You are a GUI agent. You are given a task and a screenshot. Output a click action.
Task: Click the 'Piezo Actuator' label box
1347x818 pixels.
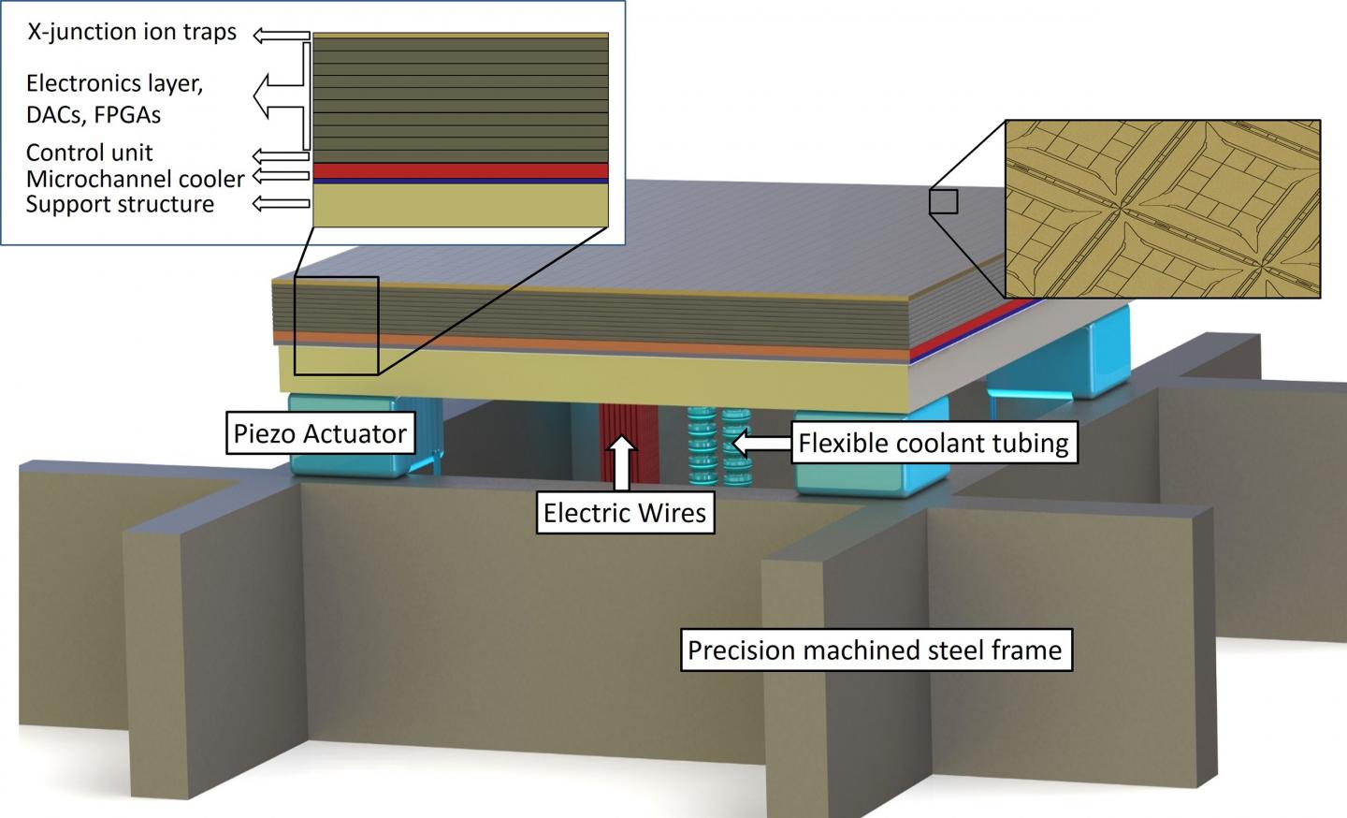[x=319, y=433]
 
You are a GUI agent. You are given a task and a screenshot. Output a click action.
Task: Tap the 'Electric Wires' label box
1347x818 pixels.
[x=624, y=512]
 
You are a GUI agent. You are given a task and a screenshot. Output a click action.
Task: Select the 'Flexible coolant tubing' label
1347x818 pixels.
[x=933, y=442]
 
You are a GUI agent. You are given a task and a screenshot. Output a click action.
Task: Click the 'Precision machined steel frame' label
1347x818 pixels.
[x=875, y=650]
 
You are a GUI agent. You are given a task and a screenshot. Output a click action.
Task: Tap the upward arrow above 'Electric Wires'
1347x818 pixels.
[x=624, y=464]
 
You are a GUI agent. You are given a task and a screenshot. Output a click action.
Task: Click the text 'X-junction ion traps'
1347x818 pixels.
[x=131, y=33]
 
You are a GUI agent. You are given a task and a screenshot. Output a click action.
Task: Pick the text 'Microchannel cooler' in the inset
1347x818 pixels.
[x=135, y=178]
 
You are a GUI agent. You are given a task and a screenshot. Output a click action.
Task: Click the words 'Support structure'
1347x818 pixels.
[x=120, y=203]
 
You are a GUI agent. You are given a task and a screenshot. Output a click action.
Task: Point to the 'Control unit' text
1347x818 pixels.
[x=89, y=153]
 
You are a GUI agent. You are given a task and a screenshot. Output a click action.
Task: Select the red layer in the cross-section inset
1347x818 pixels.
[x=460, y=169]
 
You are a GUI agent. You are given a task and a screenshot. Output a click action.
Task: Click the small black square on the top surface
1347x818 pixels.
[x=943, y=201]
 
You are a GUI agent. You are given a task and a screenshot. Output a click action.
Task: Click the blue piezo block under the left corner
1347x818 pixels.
[x=350, y=435]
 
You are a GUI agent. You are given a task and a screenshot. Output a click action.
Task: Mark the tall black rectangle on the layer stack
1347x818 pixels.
[x=336, y=325]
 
